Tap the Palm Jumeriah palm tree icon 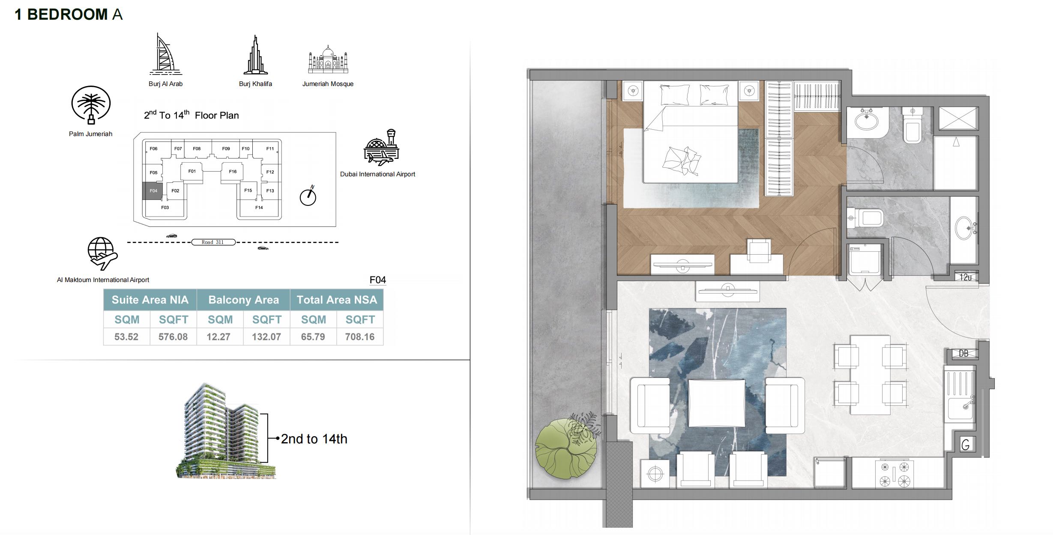91,105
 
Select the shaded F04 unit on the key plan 153,191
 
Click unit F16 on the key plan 233,172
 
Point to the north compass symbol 308,196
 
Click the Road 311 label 213,242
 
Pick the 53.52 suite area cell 126,337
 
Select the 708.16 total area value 360,337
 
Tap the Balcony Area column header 243,300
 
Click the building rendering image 226,431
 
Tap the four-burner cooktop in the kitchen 895,474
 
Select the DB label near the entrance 963,354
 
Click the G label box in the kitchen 965,445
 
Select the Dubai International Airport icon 381,147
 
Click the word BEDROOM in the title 67,15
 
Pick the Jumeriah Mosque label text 328,84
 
